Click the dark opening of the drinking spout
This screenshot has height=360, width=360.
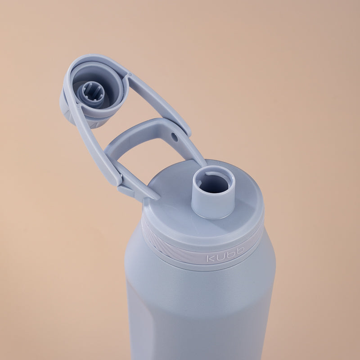[x=214, y=184]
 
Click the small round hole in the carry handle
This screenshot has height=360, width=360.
[x=175, y=137]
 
